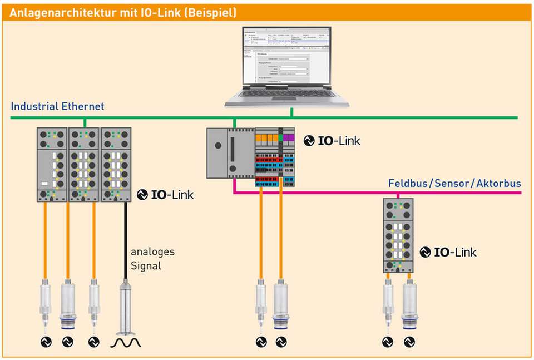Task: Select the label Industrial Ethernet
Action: coord(57,106)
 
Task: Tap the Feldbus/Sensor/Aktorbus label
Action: coord(454,183)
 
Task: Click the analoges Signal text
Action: coord(152,258)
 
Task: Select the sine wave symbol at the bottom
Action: coord(125,342)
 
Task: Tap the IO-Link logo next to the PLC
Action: coord(332,141)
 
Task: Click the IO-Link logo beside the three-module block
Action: coord(166,195)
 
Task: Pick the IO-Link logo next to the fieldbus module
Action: coord(448,252)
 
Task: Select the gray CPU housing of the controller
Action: coord(220,152)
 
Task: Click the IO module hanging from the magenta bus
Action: coord(398,235)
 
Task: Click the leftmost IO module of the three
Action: coord(52,164)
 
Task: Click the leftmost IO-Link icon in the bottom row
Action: coord(46,342)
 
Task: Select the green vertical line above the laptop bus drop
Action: coord(291,112)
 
